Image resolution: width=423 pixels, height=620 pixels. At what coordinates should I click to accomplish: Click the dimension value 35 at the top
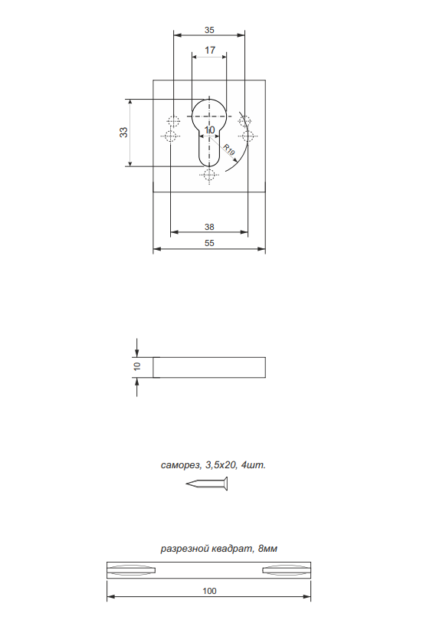pos(209,30)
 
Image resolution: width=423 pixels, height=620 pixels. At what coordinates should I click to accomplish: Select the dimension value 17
pos(210,51)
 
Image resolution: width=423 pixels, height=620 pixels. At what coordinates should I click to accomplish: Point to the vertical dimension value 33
pos(123,132)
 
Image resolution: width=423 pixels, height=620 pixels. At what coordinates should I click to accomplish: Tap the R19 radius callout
pos(229,150)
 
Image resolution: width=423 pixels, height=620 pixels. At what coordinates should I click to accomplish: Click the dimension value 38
pos(209,227)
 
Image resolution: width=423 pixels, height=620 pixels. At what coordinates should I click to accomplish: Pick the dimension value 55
pos(209,243)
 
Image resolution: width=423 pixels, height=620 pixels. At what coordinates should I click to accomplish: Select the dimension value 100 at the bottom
pos(209,591)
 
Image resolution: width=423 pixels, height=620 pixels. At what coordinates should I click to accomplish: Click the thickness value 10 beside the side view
pos(137,366)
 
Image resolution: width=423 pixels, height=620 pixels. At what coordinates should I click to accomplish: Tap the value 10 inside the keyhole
pos(209,130)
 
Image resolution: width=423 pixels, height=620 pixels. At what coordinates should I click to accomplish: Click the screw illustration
pos(207,483)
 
